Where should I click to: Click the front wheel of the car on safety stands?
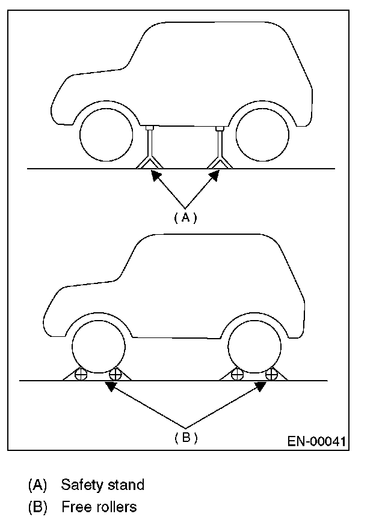click(106, 136)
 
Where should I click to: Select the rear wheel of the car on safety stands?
click(263, 136)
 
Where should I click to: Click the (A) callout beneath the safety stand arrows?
click(185, 217)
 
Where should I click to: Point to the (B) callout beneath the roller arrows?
click(185, 438)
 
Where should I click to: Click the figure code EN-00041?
click(316, 442)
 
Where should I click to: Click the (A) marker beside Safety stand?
click(37, 485)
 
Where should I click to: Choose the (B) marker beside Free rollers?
click(37, 507)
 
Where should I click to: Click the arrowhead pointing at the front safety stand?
click(155, 175)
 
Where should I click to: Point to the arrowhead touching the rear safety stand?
click(215, 175)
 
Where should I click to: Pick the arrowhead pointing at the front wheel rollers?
click(110, 386)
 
